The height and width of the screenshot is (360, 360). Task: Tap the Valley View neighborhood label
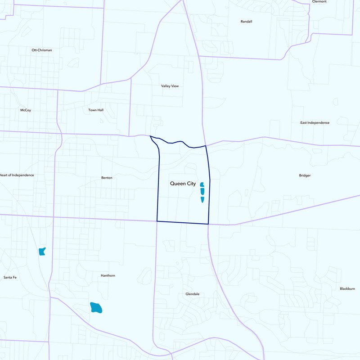[x=170, y=86]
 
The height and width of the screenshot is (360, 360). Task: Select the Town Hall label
[x=95, y=110]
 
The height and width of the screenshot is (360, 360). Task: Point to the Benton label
[x=107, y=178]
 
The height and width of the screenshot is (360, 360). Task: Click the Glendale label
[x=192, y=294]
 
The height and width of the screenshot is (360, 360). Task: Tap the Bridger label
[x=305, y=175]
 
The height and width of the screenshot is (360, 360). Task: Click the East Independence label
[x=315, y=122]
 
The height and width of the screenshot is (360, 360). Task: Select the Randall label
[x=247, y=21]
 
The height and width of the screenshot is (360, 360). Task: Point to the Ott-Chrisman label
[x=41, y=50]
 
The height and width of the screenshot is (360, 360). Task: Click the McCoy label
[x=26, y=110]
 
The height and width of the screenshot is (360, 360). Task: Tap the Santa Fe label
[x=10, y=277]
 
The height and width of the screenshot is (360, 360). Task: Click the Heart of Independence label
[x=17, y=175]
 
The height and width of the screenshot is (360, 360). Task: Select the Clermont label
[x=319, y=2]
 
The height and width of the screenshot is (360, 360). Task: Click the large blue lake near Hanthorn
[x=96, y=308]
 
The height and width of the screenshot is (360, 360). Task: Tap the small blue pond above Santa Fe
[x=42, y=251]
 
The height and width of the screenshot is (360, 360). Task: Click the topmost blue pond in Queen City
[x=202, y=184]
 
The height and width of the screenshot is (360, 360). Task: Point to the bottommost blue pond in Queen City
[x=202, y=199]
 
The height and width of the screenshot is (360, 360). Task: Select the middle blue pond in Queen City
[x=202, y=191]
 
